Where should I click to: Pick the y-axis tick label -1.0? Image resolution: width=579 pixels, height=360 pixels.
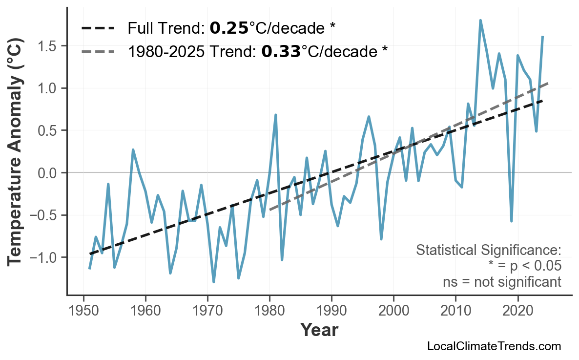click(x=44, y=257)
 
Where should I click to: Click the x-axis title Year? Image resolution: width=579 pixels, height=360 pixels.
click(x=319, y=331)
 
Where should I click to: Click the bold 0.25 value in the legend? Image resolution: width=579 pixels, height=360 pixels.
click(x=229, y=29)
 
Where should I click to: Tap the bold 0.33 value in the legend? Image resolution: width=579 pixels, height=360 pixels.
click(x=281, y=51)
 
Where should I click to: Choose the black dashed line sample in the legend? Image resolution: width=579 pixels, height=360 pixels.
click(x=98, y=28)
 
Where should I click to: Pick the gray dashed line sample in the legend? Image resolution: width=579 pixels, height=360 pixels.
click(x=98, y=51)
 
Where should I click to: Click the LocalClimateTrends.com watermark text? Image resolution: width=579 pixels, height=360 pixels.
click(x=494, y=347)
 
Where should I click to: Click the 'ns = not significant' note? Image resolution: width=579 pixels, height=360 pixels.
click(x=502, y=282)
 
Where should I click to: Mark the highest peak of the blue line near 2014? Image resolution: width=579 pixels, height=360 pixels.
click(x=480, y=21)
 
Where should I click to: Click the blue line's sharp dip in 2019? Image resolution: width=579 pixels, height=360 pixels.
click(x=511, y=221)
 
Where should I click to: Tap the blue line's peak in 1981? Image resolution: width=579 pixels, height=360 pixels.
click(x=276, y=115)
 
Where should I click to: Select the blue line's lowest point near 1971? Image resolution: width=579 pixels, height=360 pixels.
click(x=214, y=282)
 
